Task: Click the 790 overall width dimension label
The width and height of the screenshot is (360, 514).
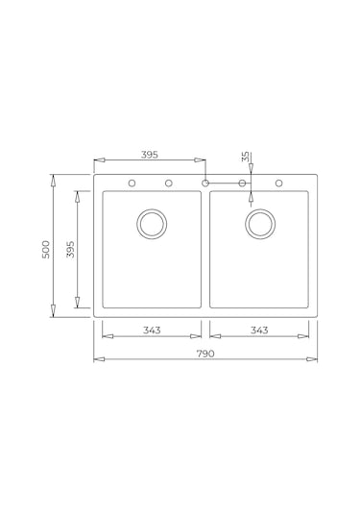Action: click(x=205, y=353)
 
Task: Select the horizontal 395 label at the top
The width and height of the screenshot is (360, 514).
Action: click(x=150, y=154)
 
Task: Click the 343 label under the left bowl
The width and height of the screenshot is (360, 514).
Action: click(x=151, y=330)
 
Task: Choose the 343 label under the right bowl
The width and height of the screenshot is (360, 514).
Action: click(x=258, y=330)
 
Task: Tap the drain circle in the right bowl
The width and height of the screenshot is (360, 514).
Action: click(x=259, y=224)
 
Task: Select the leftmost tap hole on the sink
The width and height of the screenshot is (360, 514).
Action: click(x=132, y=183)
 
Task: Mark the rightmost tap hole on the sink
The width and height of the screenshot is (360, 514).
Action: click(x=279, y=183)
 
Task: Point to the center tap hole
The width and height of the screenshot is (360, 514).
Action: click(x=205, y=183)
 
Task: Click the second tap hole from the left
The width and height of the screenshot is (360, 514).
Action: click(x=169, y=183)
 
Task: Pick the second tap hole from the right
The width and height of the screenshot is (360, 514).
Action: click(x=242, y=183)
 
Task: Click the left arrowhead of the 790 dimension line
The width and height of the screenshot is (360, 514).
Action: click(x=98, y=359)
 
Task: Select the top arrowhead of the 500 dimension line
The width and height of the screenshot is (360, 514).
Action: click(x=54, y=180)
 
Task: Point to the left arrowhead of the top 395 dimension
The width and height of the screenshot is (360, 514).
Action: click(x=98, y=160)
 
